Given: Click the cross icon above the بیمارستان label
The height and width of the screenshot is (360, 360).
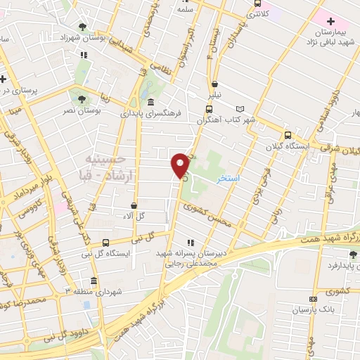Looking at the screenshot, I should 331,22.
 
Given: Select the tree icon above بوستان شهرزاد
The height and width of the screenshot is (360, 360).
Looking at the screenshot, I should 83,27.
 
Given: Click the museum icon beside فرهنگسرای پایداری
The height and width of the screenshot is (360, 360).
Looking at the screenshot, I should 151,103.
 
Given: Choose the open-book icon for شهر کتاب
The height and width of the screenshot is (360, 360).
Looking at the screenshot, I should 241,110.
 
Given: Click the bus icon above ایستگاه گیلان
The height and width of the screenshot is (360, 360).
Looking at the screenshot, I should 287,134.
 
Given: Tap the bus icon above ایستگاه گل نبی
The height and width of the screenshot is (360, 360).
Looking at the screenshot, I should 105,241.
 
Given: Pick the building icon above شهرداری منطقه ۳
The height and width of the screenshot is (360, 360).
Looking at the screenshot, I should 85,304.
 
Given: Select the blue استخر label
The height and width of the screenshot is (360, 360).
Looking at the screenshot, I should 229,179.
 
